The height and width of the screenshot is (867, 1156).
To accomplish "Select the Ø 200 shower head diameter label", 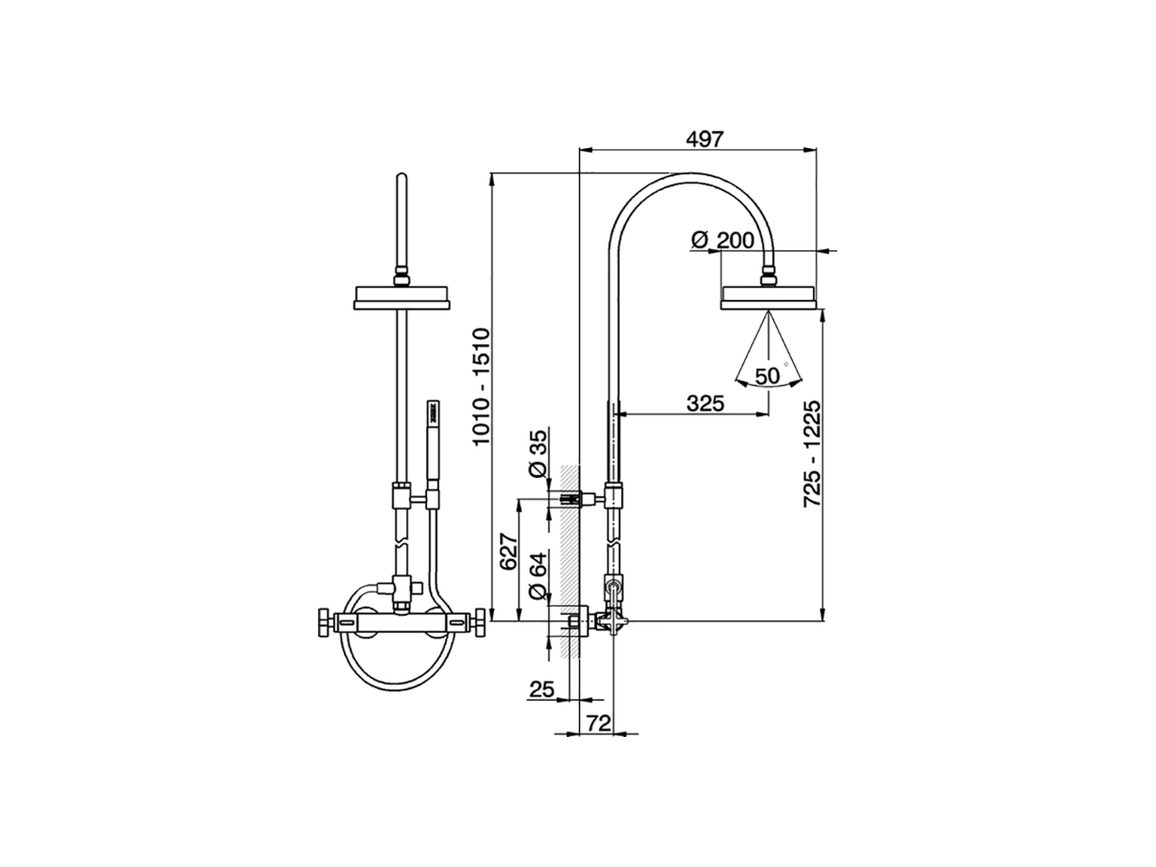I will [x=722, y=240].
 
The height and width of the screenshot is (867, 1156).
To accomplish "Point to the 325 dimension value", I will [x=705, y=404].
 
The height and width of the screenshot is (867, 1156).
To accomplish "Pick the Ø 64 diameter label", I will [x=536, y=578].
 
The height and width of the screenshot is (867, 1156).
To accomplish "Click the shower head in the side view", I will [x=769, y=298].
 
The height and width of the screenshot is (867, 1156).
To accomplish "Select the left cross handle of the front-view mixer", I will [x=322, y=622].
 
